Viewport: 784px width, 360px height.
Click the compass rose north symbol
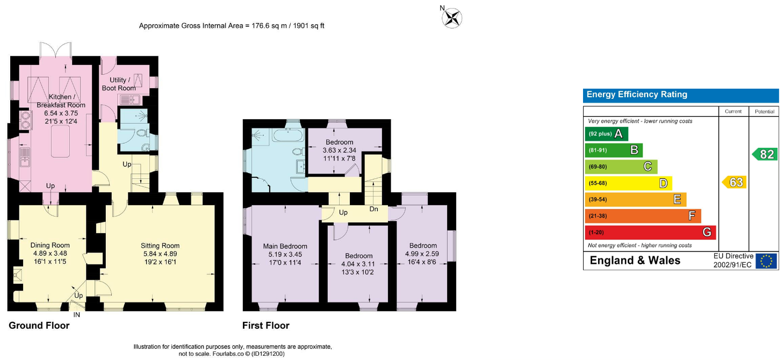coord(451,18)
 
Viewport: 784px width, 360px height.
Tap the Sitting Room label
coord(160,246)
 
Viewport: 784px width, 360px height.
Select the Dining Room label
coord(50,245)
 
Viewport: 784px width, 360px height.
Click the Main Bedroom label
coord(285,246)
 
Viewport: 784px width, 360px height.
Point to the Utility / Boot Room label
coord(119,84)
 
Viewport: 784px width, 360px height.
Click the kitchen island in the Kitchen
coord(61,141)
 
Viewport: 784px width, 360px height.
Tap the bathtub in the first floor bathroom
coord(288,135)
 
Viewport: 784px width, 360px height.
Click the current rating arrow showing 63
coord(734,182)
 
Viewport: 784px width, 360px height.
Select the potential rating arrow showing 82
coord(765,154)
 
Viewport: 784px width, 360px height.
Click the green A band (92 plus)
coord(607,134)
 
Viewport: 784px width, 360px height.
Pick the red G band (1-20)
coord(650,232)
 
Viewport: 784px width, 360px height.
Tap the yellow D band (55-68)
coord(628,183)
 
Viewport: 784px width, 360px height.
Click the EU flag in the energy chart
coord(766,261)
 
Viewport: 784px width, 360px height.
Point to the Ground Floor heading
coord(39,326)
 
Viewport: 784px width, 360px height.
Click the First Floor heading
coord(266,326)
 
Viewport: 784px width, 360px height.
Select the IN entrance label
coord(77,315)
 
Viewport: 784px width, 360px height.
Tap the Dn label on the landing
coord(374,209)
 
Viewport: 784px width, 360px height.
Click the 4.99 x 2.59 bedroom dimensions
coord(422,254)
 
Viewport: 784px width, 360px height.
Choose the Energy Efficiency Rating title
coord(637,95)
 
